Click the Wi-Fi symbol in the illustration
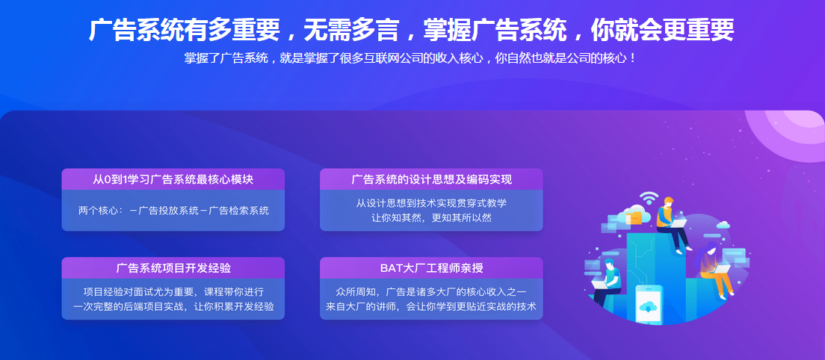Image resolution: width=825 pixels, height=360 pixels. tap(648, 198)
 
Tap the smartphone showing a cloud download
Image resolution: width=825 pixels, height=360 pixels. tap(649, 303)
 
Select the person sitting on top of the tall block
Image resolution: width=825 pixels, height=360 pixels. tap(670, 221)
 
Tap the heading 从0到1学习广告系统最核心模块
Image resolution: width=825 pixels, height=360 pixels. tap(173, 179)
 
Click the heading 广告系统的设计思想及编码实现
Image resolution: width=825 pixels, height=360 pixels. tap(431, 179)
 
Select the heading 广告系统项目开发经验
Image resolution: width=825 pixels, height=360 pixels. tap(173, 268)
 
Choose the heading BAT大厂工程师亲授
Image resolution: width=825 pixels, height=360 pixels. tap(431, 268)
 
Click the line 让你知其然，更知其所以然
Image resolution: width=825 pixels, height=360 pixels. tap(431, 218)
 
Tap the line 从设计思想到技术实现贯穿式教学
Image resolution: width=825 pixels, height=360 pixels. tap(431, 203)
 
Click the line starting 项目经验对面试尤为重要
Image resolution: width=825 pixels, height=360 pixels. tap(173, 291)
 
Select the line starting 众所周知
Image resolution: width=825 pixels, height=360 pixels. tap(431, 291)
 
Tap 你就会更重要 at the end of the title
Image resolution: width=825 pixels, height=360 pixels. tap(662, 30)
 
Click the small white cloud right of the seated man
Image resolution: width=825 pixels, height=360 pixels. tap(723, 224)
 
